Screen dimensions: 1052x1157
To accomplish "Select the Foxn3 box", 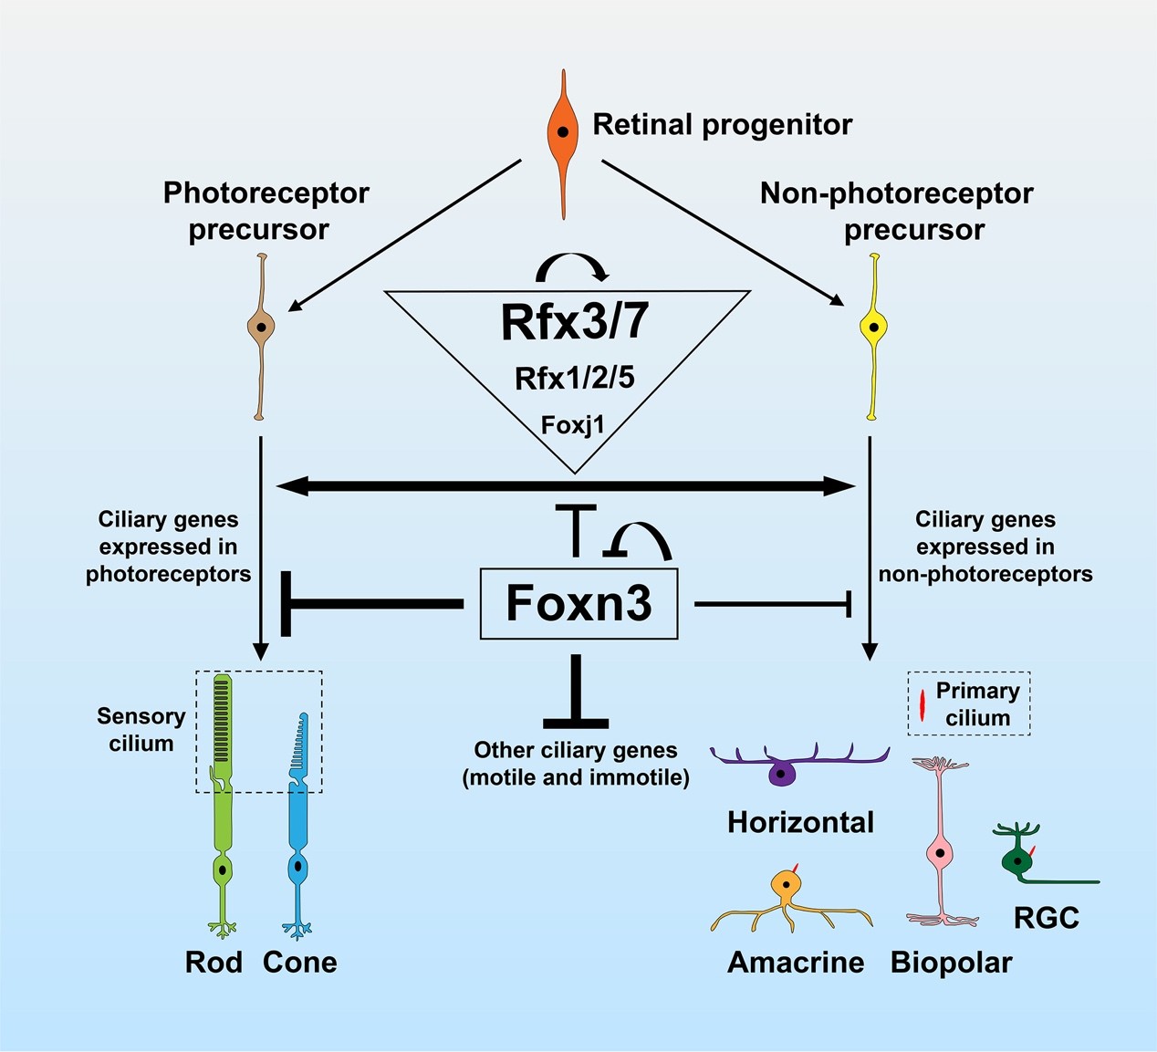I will pos(578,604).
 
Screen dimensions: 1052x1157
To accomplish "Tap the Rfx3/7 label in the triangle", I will pos(575,322).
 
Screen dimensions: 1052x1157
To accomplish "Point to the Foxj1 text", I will pos(573,425).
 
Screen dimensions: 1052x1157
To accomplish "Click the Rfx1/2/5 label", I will pos(574,378).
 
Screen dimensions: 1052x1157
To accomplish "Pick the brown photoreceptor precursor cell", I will pos(261,327).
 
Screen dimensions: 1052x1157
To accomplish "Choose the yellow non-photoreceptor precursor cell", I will pos(873,327).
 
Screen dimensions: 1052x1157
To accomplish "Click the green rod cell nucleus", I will pos(222,868).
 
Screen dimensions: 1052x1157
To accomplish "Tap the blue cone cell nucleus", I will pos(297,866).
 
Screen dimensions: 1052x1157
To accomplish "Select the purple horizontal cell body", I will pos(781,774).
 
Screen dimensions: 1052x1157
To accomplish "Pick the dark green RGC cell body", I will pos(1016,859).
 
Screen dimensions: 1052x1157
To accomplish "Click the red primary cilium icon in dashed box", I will pos(922,705).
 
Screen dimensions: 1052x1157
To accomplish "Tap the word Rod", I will pos(214,963).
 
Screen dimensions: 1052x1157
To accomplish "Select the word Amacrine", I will pos(796,963).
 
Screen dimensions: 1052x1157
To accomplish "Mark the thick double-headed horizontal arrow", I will pos(566,486).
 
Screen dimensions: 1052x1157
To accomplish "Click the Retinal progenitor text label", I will pos(723,124).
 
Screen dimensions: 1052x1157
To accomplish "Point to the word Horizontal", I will pos(800,822).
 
